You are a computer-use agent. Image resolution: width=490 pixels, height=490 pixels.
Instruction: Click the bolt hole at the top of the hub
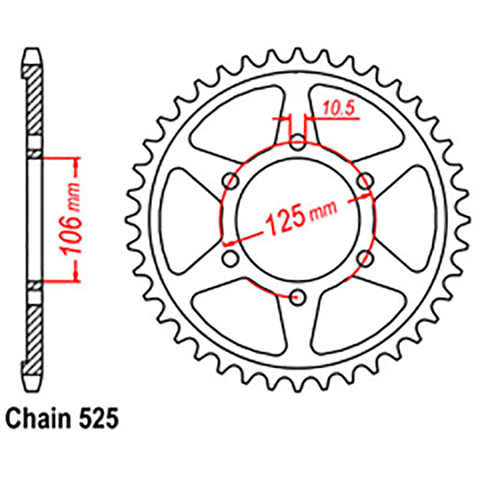(x=298, y=145)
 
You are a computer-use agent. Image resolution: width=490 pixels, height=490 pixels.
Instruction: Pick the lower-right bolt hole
(x=364, y=258)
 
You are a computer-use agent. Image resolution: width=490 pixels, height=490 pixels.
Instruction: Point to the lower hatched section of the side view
(x=34, y=333)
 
